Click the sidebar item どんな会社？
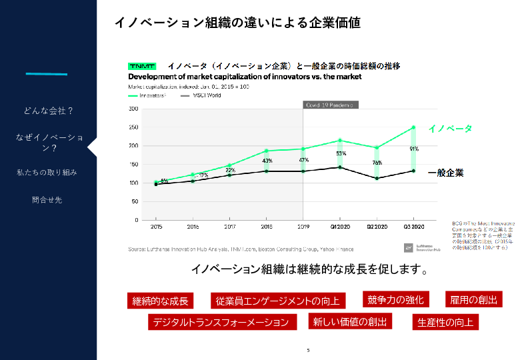point(49,110)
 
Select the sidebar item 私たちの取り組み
point(47,172)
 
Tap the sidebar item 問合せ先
point(47,199)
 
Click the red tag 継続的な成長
point(161,301)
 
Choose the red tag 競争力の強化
point(395,299)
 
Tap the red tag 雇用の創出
point(474,299)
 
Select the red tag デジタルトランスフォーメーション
point(221,322)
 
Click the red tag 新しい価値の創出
point(350,321)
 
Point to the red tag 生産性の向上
point(445,322)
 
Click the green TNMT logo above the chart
point(141,67)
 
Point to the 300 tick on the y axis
point(133,109)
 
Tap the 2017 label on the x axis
point(229,227)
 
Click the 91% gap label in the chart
point(414,149)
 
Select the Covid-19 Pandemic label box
point(330,105)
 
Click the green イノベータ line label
point(450,128)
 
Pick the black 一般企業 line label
point(445,173)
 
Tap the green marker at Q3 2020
point(413,127)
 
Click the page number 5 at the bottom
point(308,350)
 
